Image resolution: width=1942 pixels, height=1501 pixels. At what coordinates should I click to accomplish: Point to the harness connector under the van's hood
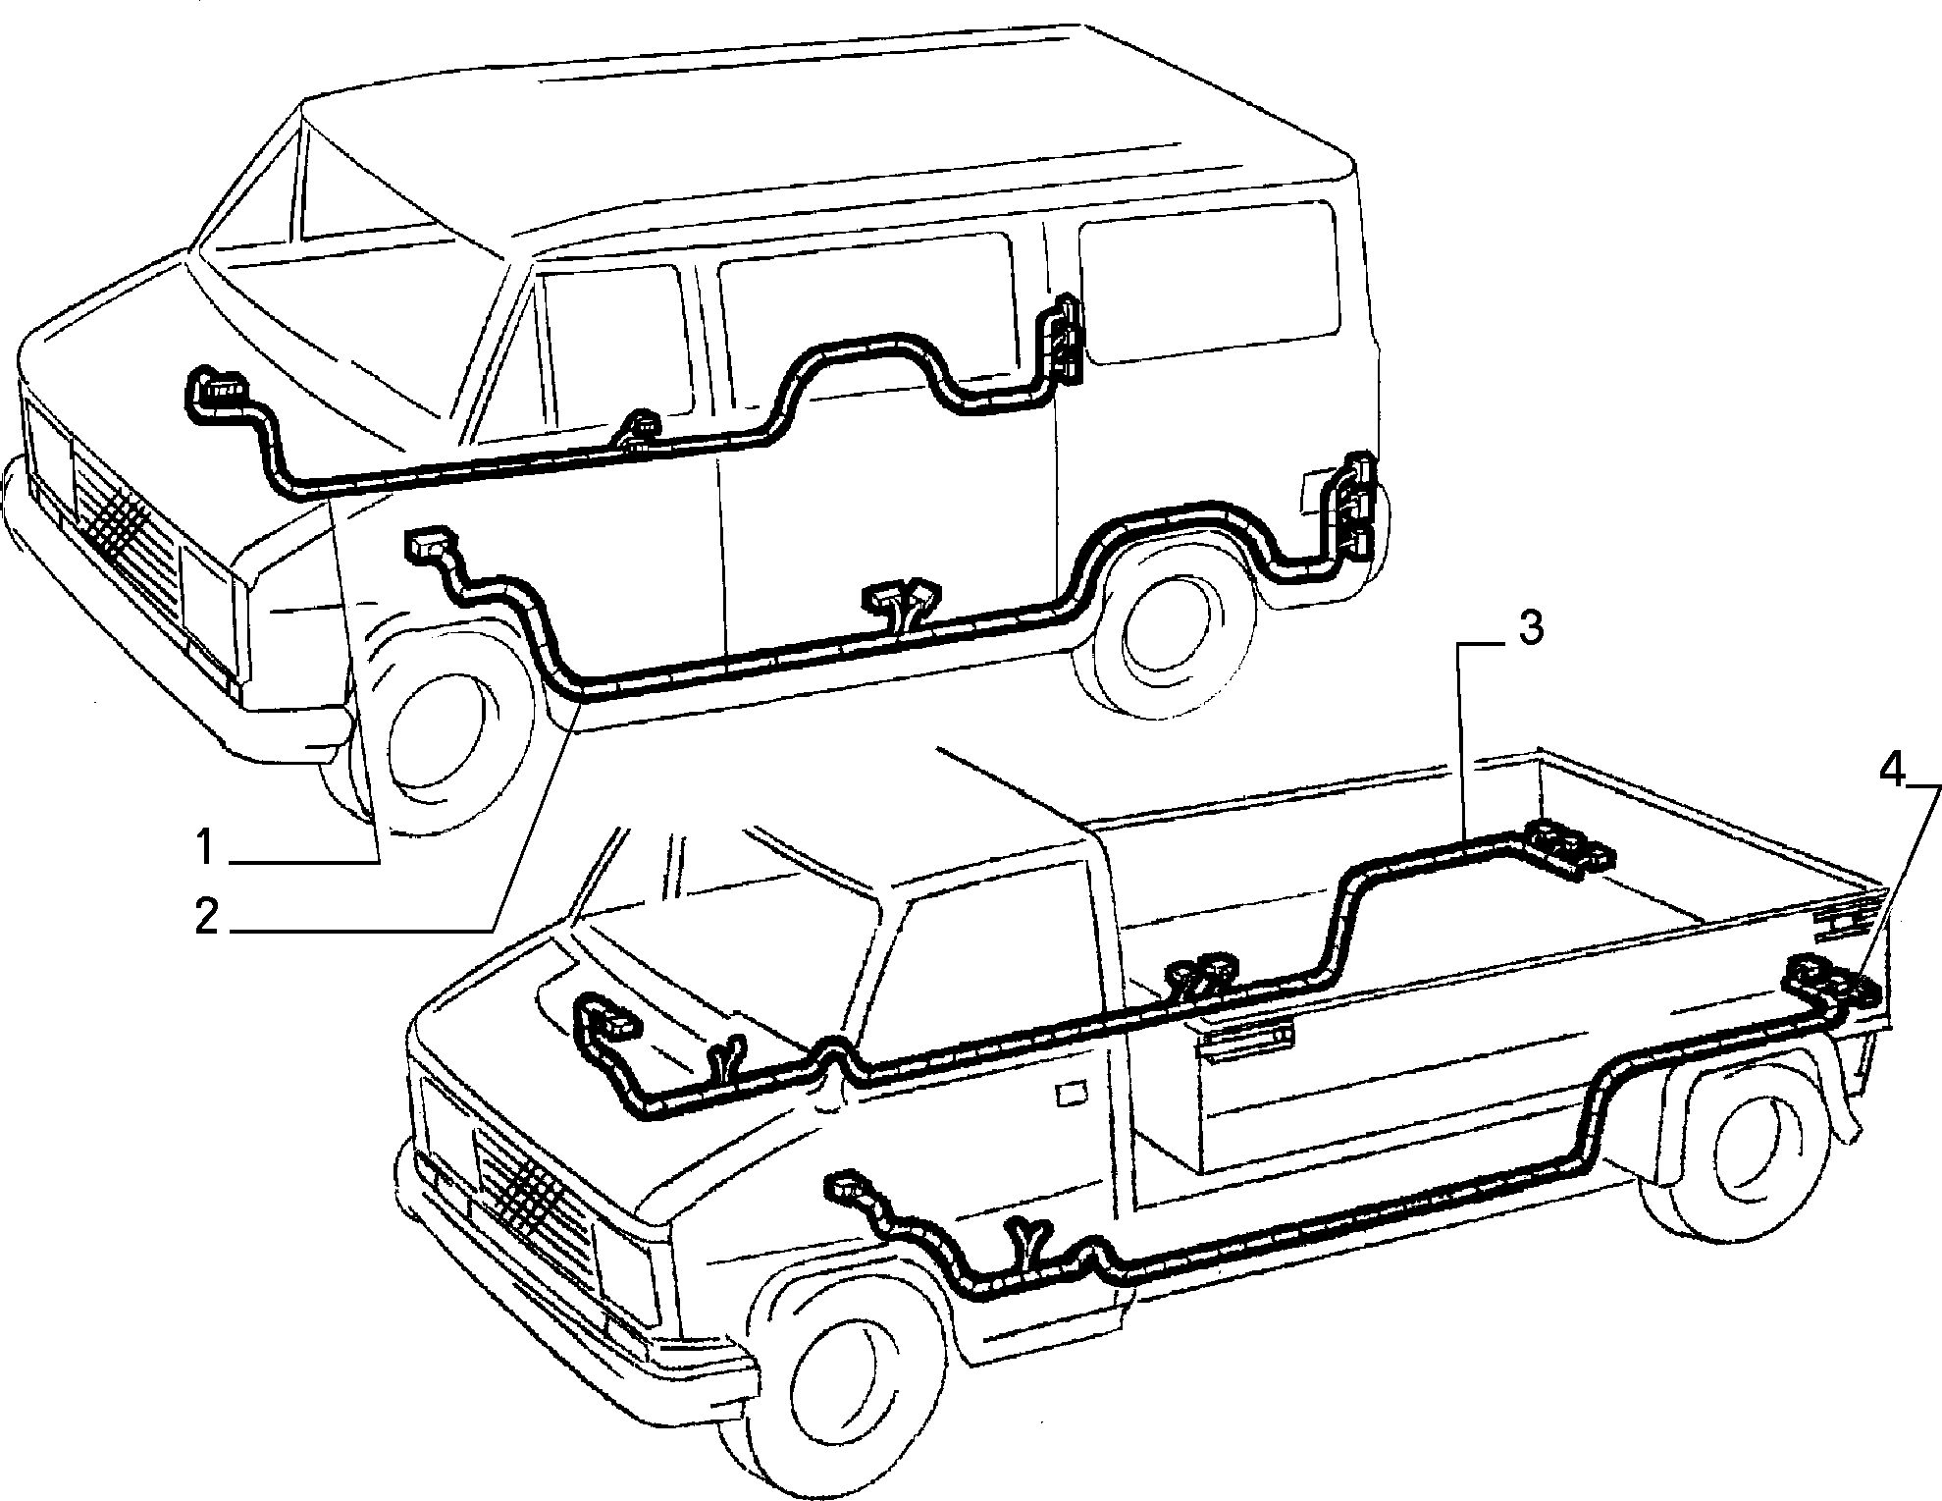(218, 393)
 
